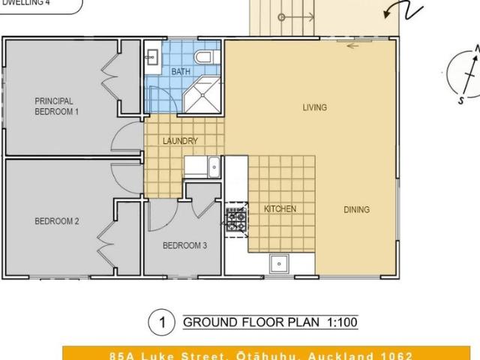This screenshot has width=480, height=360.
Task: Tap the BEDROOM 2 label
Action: point(56,221)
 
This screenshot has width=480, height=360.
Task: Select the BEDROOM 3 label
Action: point(184,245)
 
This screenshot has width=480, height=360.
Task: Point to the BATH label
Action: point(181,72)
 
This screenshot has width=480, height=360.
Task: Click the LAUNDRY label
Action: point(180,141)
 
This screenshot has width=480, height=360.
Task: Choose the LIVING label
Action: point(314,107)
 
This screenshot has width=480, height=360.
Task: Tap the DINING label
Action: point(356,210)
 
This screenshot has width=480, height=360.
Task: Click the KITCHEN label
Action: point(279,209)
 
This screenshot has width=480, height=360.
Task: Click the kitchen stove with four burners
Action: point(235,218)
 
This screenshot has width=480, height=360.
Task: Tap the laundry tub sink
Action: point(214,166)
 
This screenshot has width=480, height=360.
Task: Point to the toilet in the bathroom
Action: point(204,57)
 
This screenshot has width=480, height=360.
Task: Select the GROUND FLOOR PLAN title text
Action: point(251,323)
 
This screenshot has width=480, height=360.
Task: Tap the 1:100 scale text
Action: point(342,323)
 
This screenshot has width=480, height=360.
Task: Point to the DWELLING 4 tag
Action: point(31,3)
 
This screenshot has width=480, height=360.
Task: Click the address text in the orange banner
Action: point(261,355)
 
